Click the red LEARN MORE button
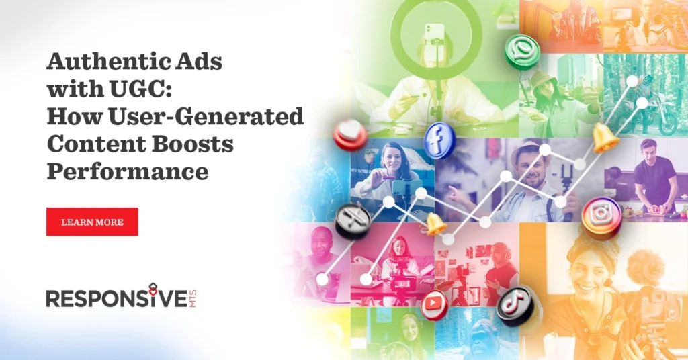tap(92, 222)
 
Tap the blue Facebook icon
tap(440, 140)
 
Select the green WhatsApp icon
tap(522, 51)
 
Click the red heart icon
tap(350, 135)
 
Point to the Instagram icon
tap(601, 217)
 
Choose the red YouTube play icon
tap(435, 304)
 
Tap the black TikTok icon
tap(515, 305)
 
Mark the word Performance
tap(127, 171)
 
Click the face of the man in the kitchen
tap(648, 148)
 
